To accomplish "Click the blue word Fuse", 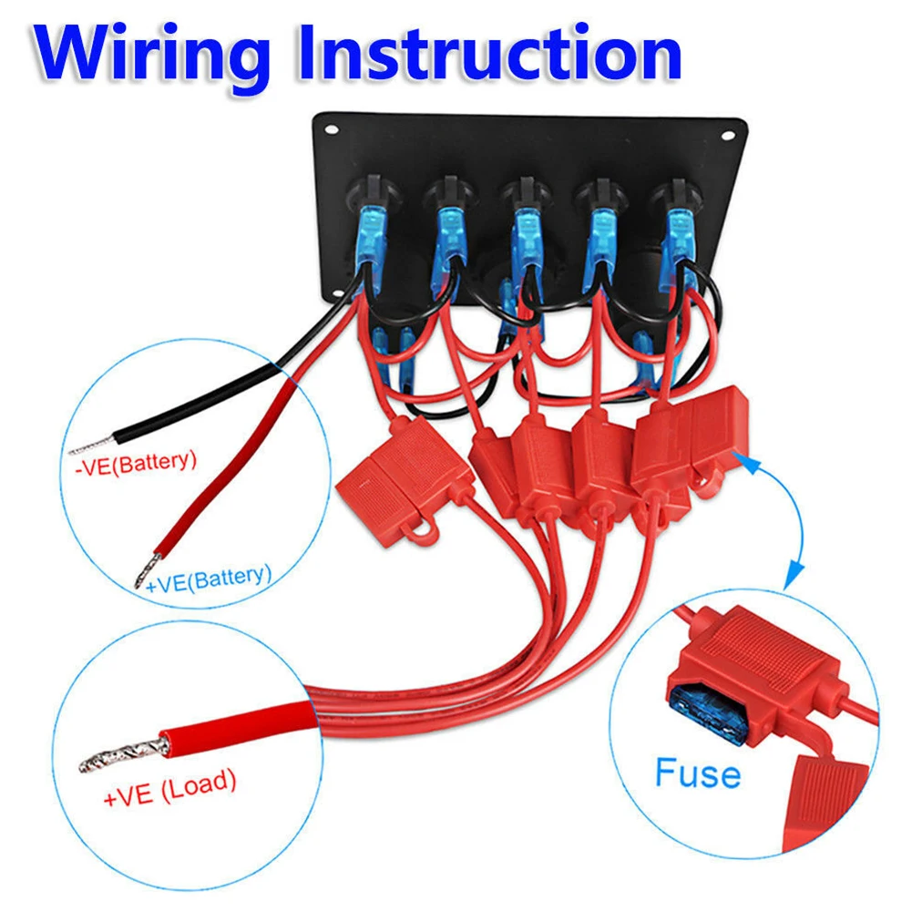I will [x=697, y=774].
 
